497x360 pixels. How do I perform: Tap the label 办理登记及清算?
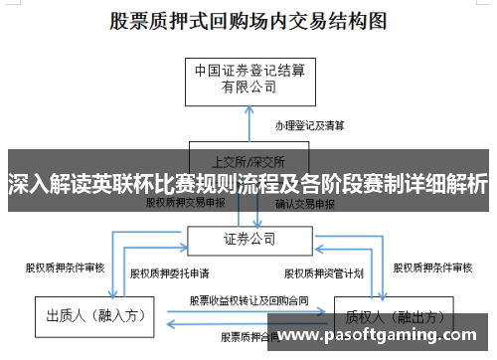(310, 126)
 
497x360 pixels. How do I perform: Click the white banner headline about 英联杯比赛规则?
(248, 184)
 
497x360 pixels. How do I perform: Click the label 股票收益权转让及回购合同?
(248, 299)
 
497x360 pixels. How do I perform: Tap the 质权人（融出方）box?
(383, 316)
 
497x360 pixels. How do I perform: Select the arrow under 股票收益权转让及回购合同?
(248, 310)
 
